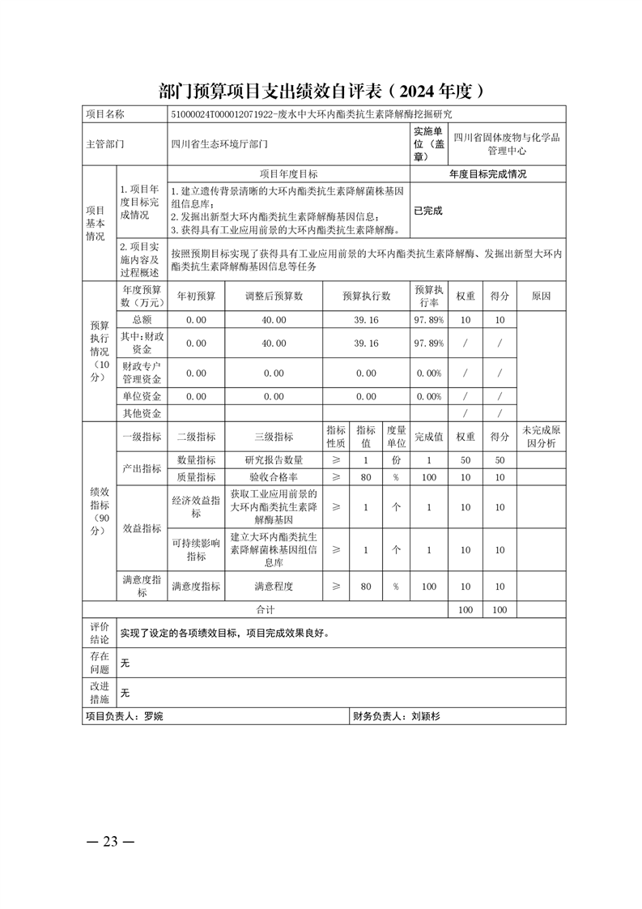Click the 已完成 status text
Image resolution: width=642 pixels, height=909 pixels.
click(428, 211)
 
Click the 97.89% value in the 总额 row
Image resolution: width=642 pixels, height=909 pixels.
click(428, 320)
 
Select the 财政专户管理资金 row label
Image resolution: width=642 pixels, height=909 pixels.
click(142, 373)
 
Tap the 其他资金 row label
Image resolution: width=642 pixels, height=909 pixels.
click(142, 413)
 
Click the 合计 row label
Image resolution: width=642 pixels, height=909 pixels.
click(266, 609)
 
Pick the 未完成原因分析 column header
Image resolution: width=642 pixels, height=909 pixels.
click(541, 437)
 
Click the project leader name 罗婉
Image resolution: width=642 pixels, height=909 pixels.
click(152, 716)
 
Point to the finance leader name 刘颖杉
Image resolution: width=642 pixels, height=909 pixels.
click(424, 716)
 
